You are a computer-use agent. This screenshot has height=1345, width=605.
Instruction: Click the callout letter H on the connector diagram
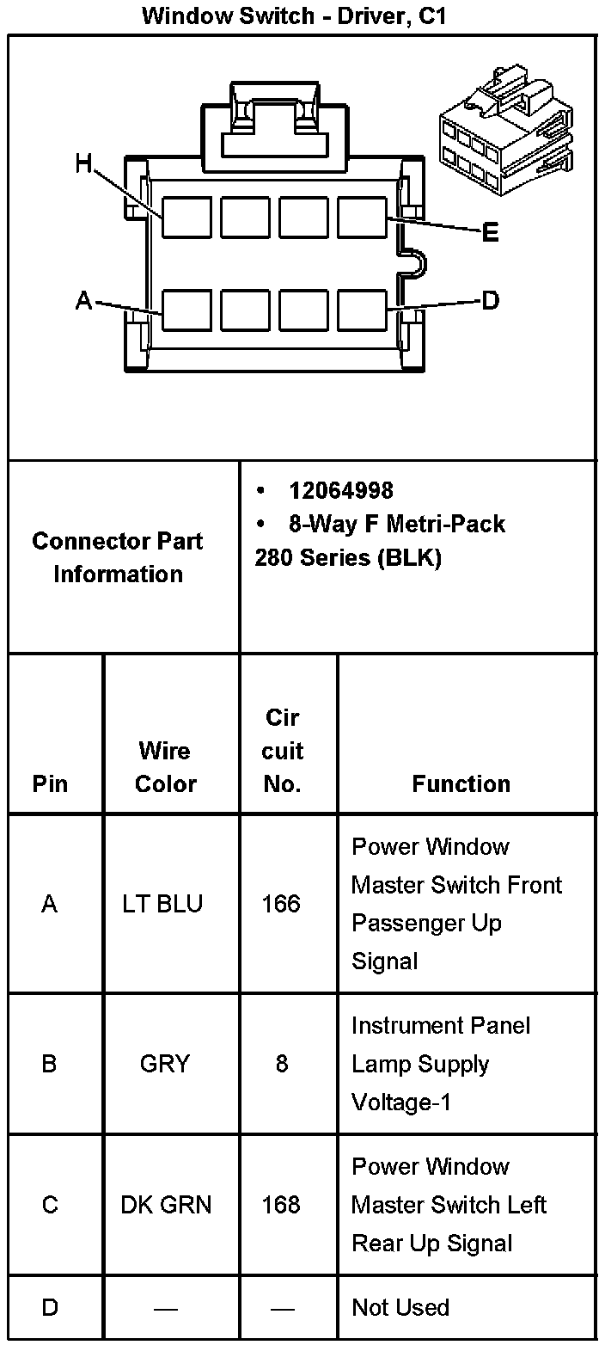pos(83,163)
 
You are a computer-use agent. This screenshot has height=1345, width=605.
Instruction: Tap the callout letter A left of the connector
pos(83,300)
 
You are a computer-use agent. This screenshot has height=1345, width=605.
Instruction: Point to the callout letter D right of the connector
pos(491,300)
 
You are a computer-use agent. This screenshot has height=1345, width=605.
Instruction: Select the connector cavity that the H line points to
pos(186,217)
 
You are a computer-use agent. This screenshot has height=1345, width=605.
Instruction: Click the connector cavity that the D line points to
pos(362,310)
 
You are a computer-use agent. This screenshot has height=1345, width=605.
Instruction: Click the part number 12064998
pos(341,490)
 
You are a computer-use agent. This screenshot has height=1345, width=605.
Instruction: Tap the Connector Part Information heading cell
pos(118,557)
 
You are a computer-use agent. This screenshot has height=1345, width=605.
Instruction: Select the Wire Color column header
pos(165,767)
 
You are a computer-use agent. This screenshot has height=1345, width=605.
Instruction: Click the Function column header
pos(461,783)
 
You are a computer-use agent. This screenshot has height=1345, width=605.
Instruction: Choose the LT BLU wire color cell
pos(163,904)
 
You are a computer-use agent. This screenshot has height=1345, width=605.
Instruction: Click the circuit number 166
pos(282,904)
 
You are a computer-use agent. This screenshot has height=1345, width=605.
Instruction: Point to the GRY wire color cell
pos(163,1064)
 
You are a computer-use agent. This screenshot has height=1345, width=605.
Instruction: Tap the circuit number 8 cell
pos(282,1064)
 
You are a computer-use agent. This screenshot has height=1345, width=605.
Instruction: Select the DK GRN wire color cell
pos(165,1205)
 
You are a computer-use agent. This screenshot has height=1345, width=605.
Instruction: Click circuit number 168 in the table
pos(282,1205)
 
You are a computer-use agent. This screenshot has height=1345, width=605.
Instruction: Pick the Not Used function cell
pos(400,1307)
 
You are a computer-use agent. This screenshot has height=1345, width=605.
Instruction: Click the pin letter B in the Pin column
pos(50,1064)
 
